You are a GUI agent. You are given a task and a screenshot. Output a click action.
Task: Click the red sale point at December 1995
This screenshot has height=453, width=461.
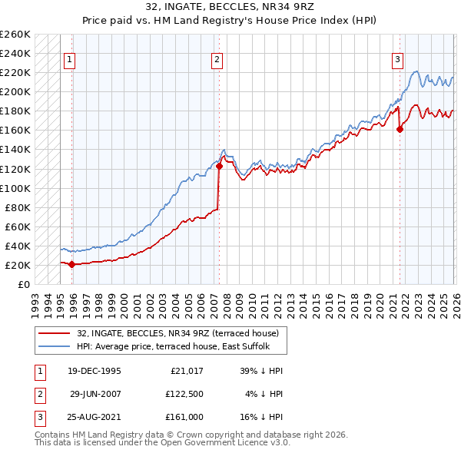pos(72,264)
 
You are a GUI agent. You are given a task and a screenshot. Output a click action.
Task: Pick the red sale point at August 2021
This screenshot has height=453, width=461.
pos(400,129)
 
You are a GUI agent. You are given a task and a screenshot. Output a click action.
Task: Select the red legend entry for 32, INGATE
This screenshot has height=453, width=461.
pos(182,332)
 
